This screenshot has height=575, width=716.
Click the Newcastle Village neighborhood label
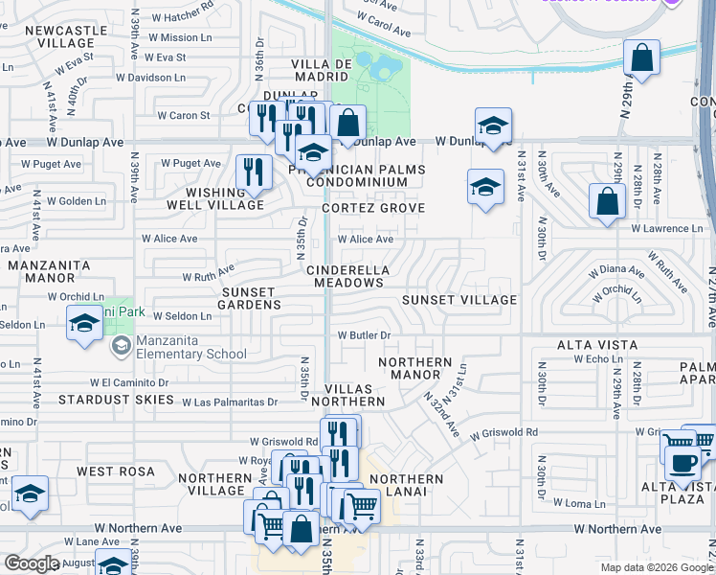click(58, 37)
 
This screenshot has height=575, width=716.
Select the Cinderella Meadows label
click(346, 276)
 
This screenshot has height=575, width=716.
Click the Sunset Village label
click(459, 300)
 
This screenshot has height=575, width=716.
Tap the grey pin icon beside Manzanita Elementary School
click(121, 347)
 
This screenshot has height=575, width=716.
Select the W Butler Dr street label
click(365, 335)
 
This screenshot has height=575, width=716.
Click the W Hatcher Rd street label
click(179, 16)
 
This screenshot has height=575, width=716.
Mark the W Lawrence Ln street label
click(666, 228)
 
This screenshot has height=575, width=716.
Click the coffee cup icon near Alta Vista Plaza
click(682, 463)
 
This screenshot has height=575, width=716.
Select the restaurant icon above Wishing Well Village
click(254, 172)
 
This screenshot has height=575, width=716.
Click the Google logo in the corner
click(32, 563)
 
